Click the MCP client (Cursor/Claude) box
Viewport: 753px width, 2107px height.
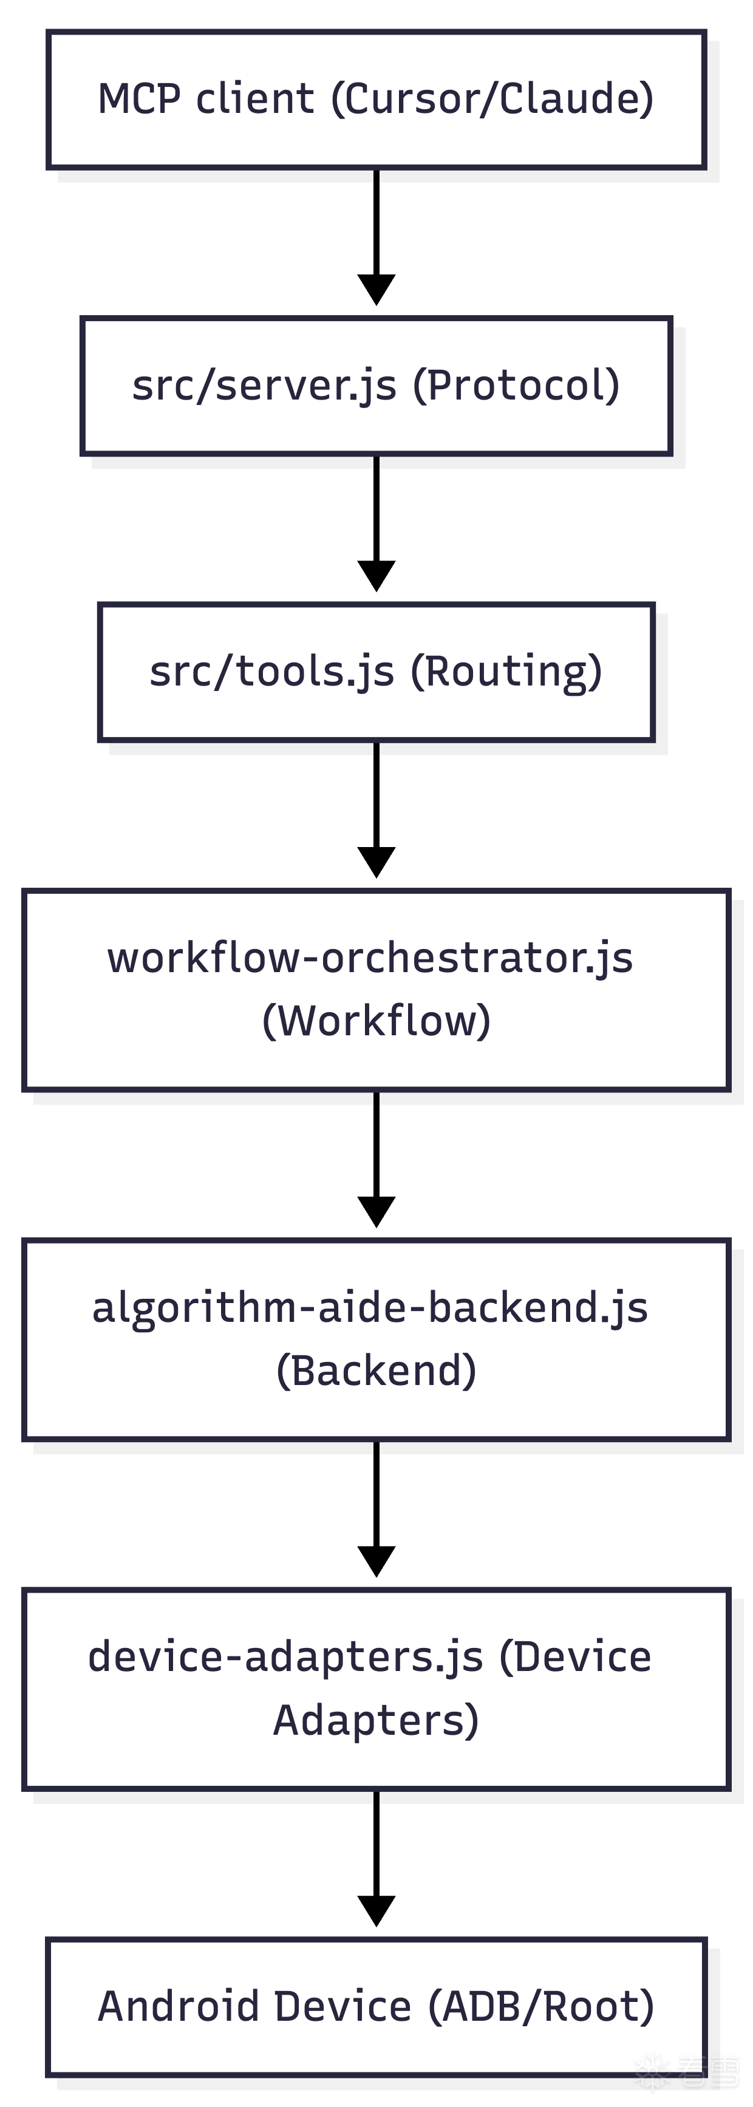click(x=376, y=100)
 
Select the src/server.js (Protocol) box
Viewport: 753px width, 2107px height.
click(x=376, y=385)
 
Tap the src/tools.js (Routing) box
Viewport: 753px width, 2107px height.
click(x=376, y=672)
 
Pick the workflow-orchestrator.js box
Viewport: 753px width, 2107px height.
click(x=376, y=990)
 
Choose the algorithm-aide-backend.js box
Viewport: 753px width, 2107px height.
click(x=376, y=1339)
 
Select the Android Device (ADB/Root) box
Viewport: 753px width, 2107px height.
click(x=376, y=2006)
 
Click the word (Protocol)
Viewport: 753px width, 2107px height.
click(x=516, y=385)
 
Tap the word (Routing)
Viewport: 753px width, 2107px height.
click(x=506, y=672)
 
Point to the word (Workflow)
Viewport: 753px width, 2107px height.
click(x=376, y=1021)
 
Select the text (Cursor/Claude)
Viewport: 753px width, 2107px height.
click(x=492, y=100)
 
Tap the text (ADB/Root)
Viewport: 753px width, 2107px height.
click(x=541, y=2006)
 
